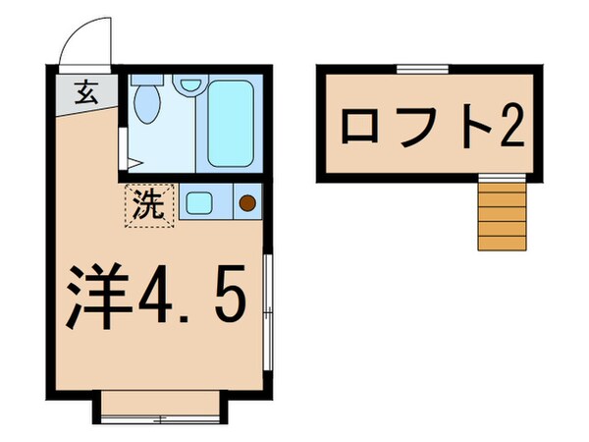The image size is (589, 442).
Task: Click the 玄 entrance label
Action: point(85,96)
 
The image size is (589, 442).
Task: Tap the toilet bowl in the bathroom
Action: point(147,105)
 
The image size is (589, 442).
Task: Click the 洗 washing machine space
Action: point(148,206)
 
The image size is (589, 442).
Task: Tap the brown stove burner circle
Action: point(246,205)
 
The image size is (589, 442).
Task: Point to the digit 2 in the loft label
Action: point(508,126)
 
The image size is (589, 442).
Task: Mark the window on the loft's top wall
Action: point(422,67)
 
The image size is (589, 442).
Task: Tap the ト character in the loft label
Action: point(469,126)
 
